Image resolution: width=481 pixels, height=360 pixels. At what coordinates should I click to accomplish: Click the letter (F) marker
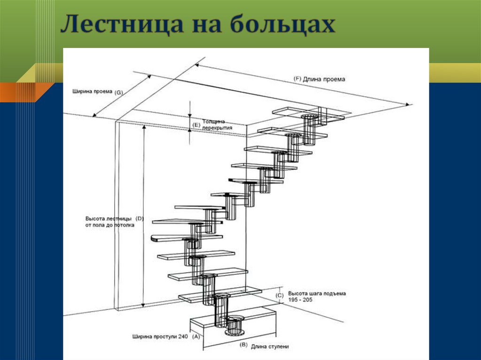point(297,79)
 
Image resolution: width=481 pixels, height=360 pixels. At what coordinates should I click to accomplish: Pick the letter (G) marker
point(118,92)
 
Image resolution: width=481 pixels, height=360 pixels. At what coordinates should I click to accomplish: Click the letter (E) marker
point(196,125)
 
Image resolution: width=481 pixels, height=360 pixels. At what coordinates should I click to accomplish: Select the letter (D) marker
point(140,219)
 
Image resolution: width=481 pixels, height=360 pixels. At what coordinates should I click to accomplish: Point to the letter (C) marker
point(279,295)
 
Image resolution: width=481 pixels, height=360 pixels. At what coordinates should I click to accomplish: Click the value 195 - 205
point(301,299)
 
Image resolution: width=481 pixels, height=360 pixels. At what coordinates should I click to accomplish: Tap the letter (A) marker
point(196,337)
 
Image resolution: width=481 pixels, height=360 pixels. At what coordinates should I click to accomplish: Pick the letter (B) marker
point(243,345)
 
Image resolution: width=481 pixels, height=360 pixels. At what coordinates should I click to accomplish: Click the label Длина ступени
point(270,347)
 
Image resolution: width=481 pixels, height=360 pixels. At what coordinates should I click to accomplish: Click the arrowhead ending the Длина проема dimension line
point(410,104)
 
